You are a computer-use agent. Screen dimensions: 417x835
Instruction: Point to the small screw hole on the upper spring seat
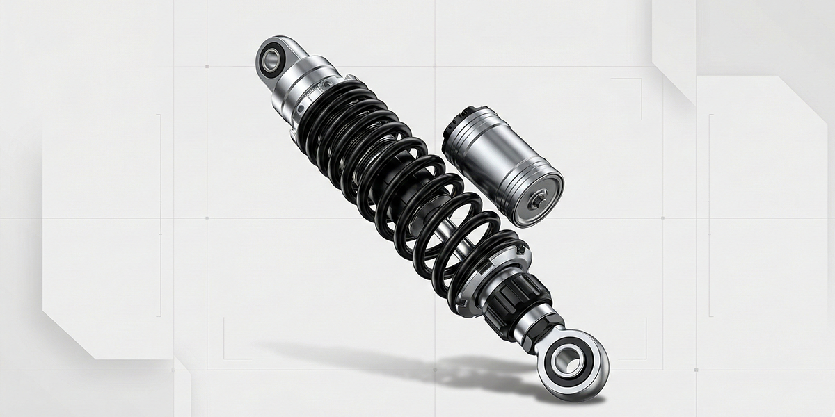click(x=301, y=108)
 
